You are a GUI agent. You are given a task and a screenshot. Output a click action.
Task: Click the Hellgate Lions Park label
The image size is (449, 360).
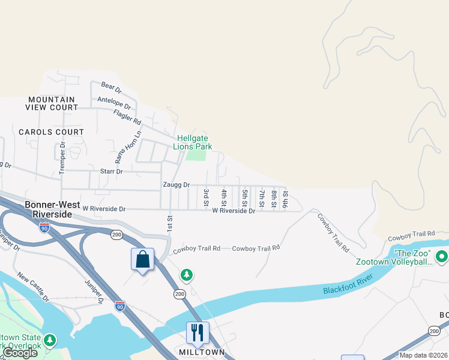(193, 142)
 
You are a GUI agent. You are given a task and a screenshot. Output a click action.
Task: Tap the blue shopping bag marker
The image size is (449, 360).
(142, 260)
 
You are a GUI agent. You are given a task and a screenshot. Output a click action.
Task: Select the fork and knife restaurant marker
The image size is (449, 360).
(197, 332)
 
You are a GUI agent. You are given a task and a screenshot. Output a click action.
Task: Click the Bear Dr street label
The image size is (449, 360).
(112, 89)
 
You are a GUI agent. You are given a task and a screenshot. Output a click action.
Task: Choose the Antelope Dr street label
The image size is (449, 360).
(113, 100)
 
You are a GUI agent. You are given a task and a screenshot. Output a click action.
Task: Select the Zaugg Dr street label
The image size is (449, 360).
(175, 185)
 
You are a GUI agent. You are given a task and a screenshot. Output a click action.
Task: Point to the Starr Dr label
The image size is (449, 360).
(111, 172)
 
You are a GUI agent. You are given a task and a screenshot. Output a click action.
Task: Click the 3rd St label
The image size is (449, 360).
(206, 194)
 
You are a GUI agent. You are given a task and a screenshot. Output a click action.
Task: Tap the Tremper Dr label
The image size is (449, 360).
(62, 155)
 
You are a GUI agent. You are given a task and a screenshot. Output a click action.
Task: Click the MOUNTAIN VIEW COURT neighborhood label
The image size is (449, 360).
(52, 103)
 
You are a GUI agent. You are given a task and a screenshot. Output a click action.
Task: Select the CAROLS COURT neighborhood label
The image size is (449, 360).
(51, 132)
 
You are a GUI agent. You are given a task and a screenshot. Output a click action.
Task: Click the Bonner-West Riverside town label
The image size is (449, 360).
(52, 209)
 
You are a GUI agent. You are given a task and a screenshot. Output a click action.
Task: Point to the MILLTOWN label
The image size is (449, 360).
(202, 352)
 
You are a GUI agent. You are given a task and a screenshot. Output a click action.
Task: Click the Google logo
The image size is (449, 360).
(20, 353)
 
